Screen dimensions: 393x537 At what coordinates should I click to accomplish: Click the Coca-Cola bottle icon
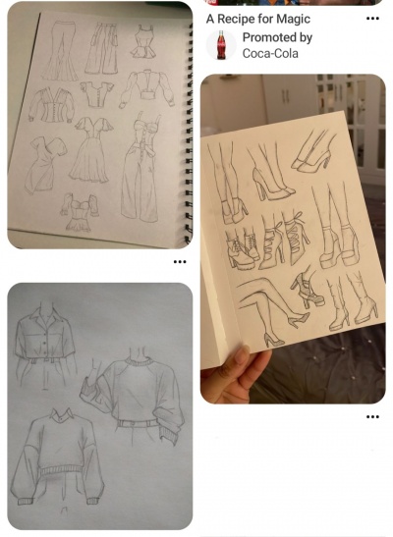click(221, 45)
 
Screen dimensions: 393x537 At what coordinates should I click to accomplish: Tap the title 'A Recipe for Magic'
click(258, 19)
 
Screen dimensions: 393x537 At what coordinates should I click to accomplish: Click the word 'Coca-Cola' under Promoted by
click(270, 53)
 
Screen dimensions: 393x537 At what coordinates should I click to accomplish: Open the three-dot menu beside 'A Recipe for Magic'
click(372, 18)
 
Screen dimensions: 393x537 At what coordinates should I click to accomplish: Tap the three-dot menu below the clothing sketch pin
click(180, 262)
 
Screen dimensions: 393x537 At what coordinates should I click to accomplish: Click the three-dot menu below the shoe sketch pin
click(372, 417)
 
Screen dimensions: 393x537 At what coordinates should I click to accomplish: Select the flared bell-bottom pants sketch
click(61, 51)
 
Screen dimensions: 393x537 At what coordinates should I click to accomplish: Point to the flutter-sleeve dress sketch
click(90, 149)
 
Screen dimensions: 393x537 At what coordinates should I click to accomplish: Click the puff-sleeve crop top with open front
click(146, 88)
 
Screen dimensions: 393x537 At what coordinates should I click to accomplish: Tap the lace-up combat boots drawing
click(243, 249)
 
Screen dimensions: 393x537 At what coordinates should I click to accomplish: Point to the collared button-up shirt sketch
click(44, 334)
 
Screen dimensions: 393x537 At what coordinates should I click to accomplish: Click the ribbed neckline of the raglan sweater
click(139, 361)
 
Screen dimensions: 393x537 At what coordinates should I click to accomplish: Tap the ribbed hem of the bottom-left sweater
click(62, 470)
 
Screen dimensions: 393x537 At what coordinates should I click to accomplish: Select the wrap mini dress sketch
click(44, 164)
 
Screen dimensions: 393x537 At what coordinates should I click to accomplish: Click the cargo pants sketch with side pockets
click(102, 48)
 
